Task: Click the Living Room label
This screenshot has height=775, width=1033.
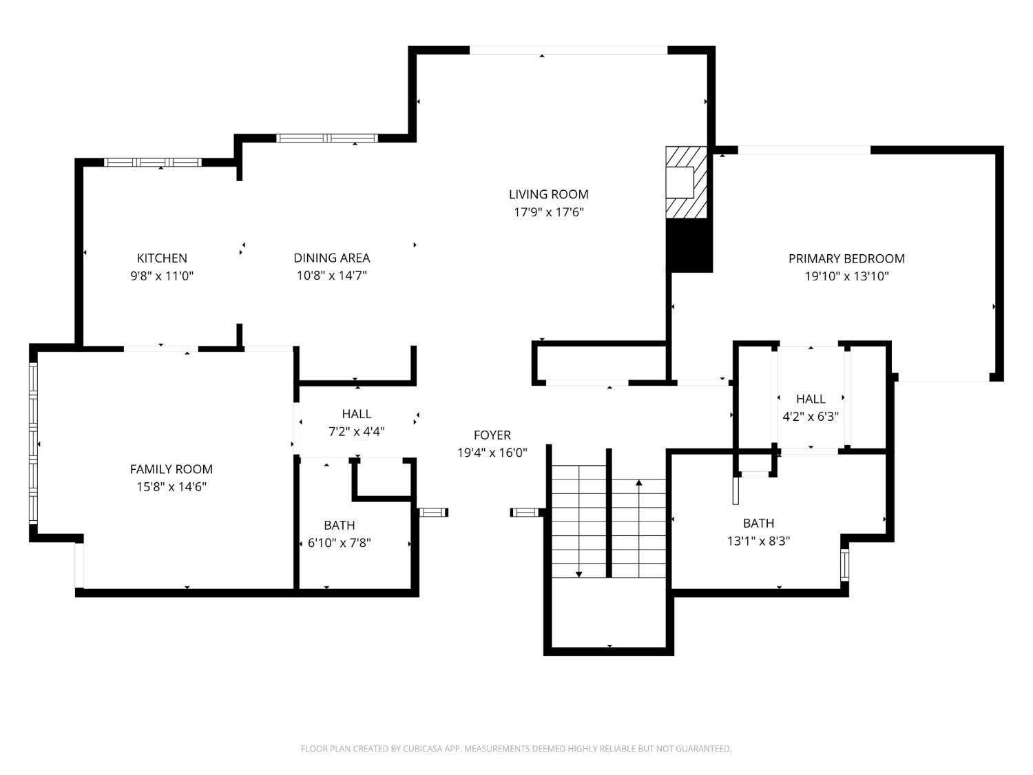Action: [x=548, y=194]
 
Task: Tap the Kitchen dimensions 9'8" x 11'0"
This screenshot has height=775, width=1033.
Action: [x=162, y=276]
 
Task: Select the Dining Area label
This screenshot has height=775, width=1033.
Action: [x=331, y=258]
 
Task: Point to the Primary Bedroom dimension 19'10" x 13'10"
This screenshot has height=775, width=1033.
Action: [x=846, y=277]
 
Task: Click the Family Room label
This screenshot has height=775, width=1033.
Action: [x=171, y=469]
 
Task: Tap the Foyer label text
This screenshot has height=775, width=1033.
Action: [x=492, y=435]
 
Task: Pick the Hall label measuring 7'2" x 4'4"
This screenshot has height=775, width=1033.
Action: [x=356, y=414]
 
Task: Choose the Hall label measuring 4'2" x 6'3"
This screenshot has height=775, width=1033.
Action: [x=811, y=399]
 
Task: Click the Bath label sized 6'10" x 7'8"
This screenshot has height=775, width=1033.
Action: [x=339, y=526]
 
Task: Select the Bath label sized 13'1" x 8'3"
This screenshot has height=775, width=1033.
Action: [x=758, y=524]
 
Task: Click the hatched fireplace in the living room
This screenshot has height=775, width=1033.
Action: [x=686, y=183]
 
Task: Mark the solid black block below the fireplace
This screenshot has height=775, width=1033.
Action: [x=689, y=245]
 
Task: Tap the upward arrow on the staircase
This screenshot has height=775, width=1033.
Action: [x=638, y=484]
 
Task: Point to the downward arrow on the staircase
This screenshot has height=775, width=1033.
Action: [x=579, y=572]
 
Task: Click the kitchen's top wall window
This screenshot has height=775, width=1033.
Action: [x=152, y=163]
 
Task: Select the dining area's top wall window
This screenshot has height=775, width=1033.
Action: [x=327, y=138]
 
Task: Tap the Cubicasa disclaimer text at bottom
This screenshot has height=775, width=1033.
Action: [x=516, y=749]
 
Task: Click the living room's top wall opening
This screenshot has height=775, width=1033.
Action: [x=568, y=50]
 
